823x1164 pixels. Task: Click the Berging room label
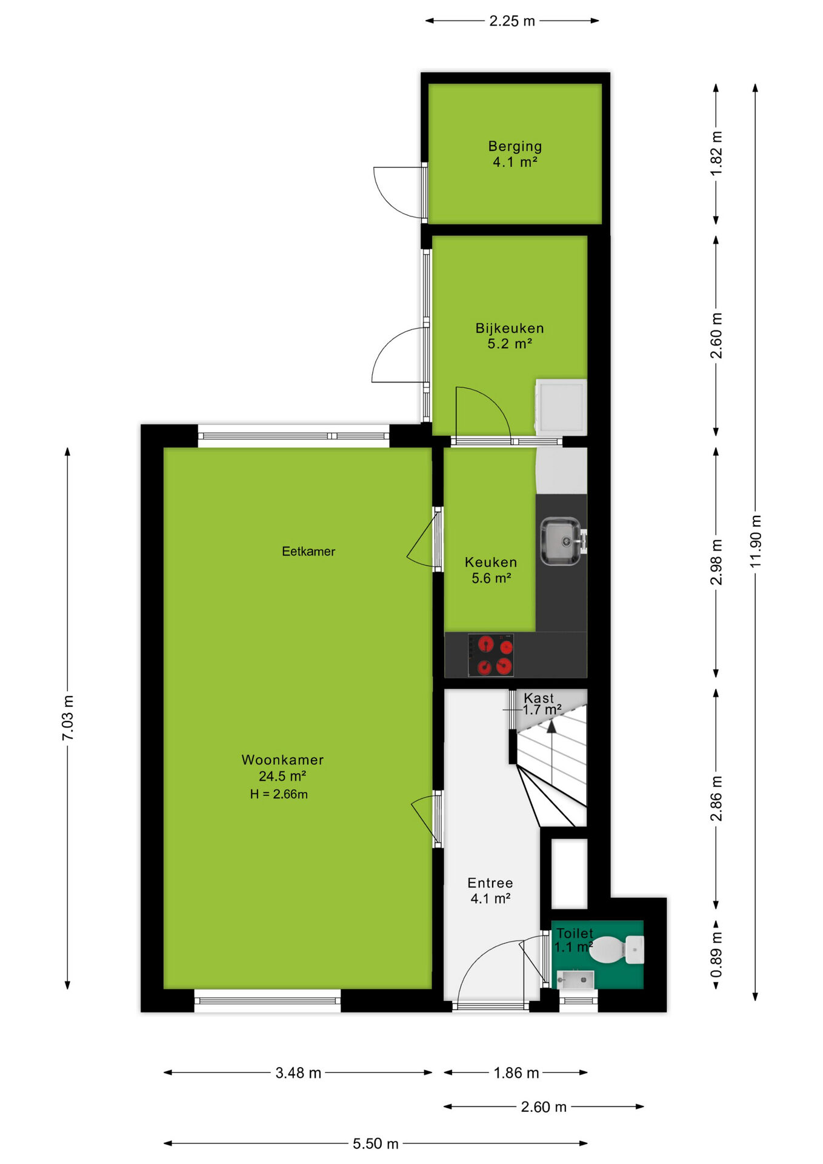pos(515,146)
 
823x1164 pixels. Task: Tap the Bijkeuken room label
pos(510,329)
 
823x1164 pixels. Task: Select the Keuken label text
pos(491,563)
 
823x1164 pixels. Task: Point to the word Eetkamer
pos(308,551)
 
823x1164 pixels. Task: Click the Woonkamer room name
pos(282,760)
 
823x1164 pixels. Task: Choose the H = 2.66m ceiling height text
pos(279,794)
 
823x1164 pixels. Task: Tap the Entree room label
pos(490,883)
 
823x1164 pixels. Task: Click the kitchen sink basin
pos(561,540)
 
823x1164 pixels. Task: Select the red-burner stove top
pos(491,655)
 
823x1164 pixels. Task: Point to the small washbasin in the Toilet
pos(575,978)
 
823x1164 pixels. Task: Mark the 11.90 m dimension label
pos(755,541)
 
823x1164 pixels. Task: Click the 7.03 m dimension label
pos(68,718)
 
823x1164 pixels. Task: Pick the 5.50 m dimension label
pos(376,1143)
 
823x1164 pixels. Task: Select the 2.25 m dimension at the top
pos(512,21)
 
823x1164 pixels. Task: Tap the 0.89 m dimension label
pos(716,955)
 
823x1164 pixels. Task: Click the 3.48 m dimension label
pos(298,1072)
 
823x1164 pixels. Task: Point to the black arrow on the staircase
pos(551,727)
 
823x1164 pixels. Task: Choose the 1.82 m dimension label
pos(716,153)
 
